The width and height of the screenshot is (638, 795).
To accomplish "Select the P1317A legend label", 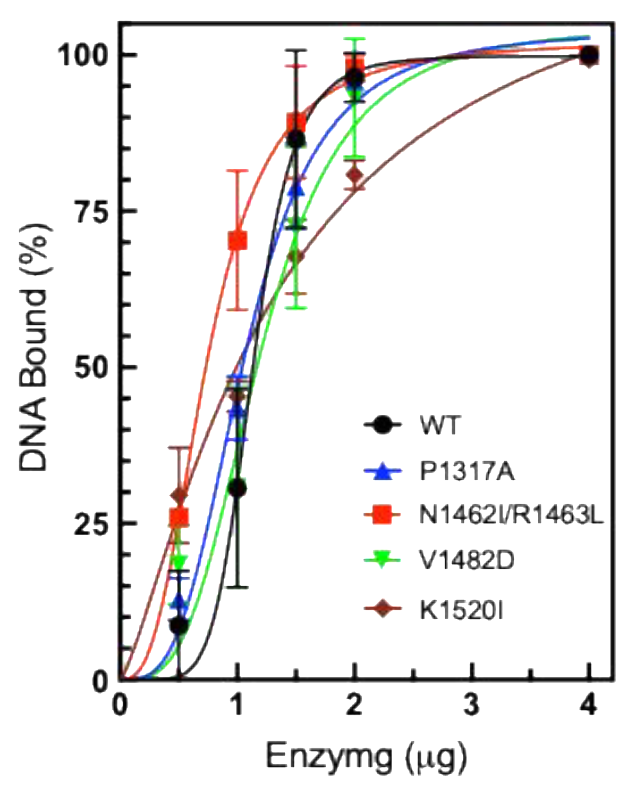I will [x=466, y=472].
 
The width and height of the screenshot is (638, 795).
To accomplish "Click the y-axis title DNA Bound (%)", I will [x=34, y=349].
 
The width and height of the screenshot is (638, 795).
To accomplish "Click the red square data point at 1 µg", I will [x=238, y=241].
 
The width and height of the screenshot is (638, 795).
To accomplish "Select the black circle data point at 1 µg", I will [x=238, y=489].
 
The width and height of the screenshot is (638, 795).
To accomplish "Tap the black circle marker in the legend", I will [x=382, y=425].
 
